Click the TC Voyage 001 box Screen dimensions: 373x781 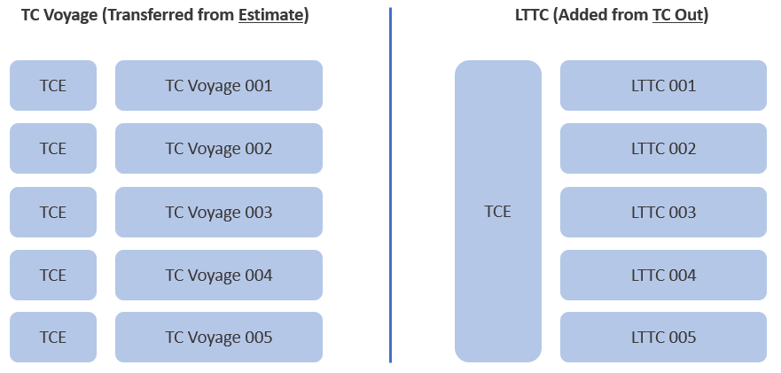(219, 86)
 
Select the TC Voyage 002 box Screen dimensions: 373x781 (219, 149)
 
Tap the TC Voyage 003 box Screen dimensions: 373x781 (219, 212)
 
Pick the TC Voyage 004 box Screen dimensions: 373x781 (219, 275)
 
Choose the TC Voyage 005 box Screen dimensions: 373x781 (219, 338)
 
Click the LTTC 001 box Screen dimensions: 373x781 (663, 86)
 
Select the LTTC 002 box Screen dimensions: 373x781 (663, 149)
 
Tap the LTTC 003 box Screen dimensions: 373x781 (663, 212)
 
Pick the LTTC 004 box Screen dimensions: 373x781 (663, 275)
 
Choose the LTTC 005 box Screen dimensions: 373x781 (663, 338)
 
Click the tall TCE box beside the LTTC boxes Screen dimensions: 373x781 (497, 212)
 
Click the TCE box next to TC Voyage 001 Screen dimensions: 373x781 (53, 86)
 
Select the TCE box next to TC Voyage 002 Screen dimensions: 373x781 (53, 149)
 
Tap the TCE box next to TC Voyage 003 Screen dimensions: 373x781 (53, 212)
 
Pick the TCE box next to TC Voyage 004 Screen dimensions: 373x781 (53, 275)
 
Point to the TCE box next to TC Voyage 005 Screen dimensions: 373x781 (53, 338)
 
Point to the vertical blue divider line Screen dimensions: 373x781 (390, 186)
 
